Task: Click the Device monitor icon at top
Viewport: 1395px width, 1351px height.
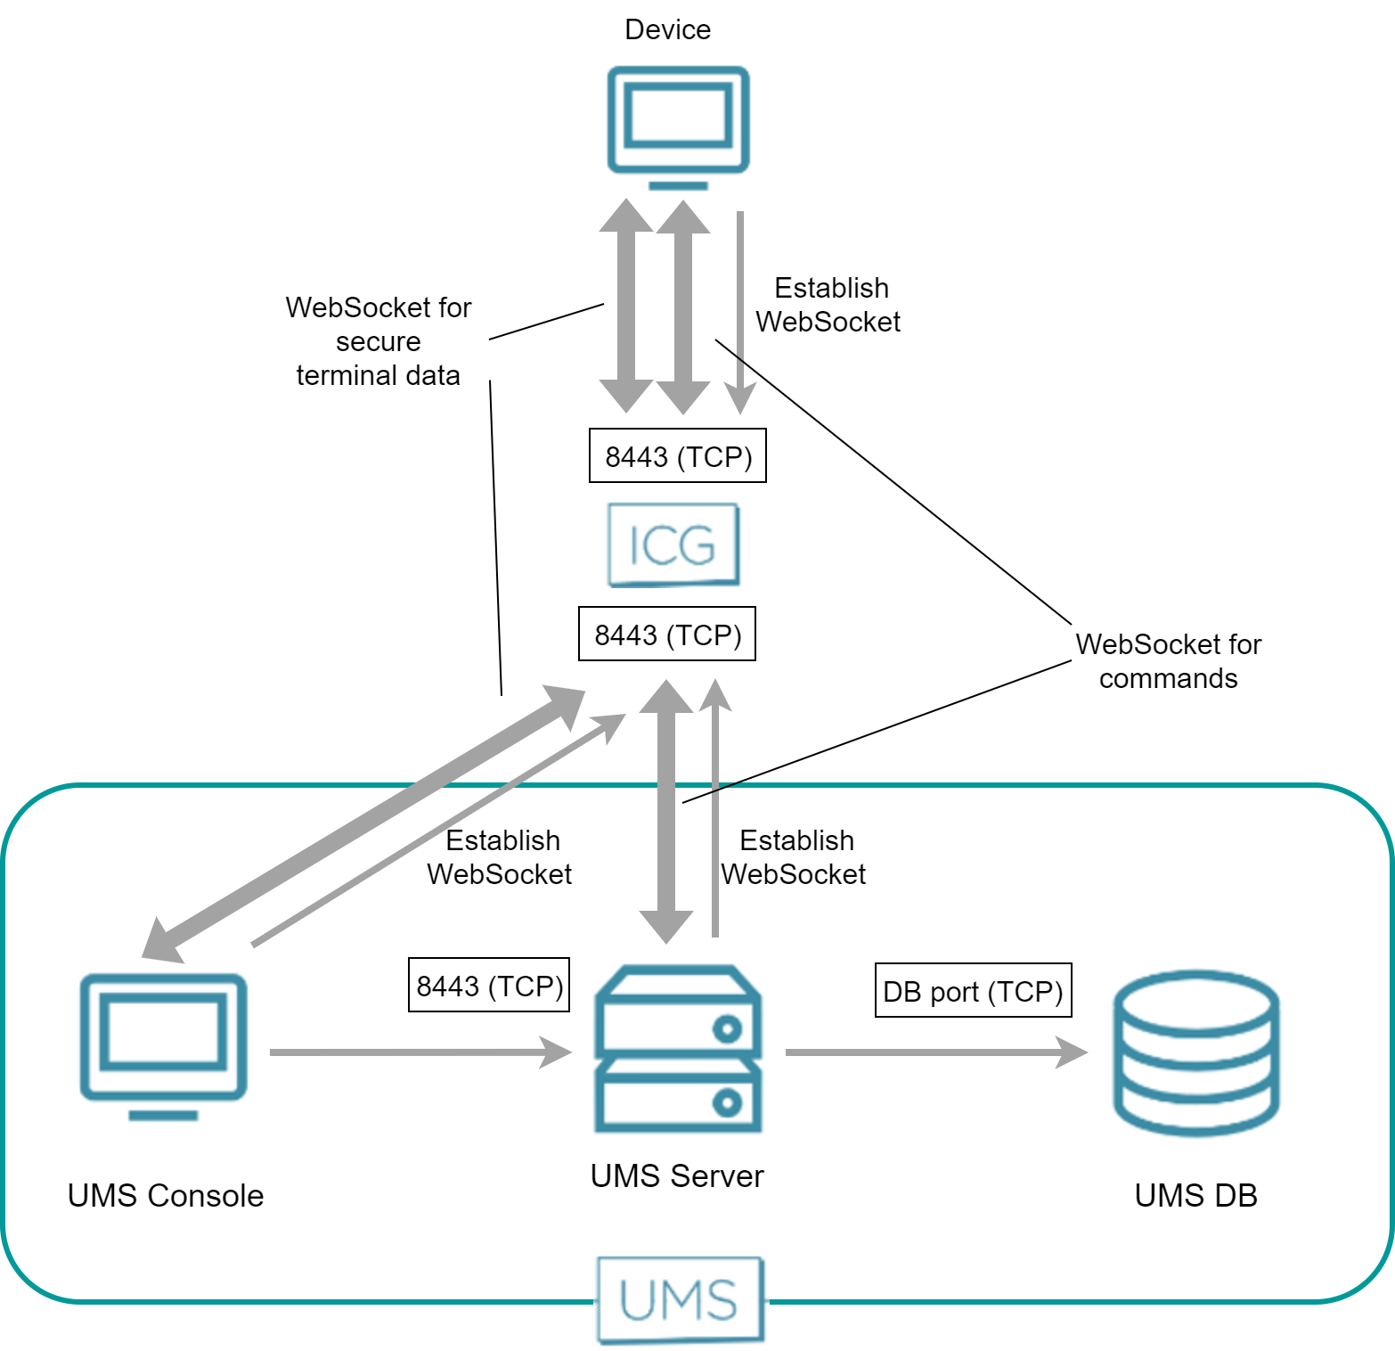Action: [678, 126]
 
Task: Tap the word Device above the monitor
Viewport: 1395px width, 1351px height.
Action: [667, 29]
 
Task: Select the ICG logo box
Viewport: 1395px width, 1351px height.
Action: [673, 544]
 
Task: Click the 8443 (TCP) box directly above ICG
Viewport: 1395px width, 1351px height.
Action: [678, 456]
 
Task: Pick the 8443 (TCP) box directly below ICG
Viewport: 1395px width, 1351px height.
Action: [667, 635]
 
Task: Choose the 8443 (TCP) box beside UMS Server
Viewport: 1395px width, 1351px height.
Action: [489, 986]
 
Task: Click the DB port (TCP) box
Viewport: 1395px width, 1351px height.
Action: [973, 991]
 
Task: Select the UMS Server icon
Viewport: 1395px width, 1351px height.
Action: [678, 1049]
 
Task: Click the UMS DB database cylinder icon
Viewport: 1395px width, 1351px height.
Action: [1195, 1052]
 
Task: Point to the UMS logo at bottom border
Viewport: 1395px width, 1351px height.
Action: [680, 1299]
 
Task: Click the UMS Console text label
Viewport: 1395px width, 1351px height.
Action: [166, 1195]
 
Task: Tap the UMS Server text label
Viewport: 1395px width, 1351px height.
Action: [677, 1176]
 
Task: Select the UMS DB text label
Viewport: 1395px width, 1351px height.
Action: [1195, 1195]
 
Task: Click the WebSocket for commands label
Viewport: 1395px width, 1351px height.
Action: [1168, 661]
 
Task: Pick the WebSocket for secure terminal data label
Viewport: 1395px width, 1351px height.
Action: [379, 341]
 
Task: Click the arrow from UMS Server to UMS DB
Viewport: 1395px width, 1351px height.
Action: [935, 1052]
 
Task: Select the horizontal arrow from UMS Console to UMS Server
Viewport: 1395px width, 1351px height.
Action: [419, 1052]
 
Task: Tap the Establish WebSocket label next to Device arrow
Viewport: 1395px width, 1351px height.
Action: [829, 305]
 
